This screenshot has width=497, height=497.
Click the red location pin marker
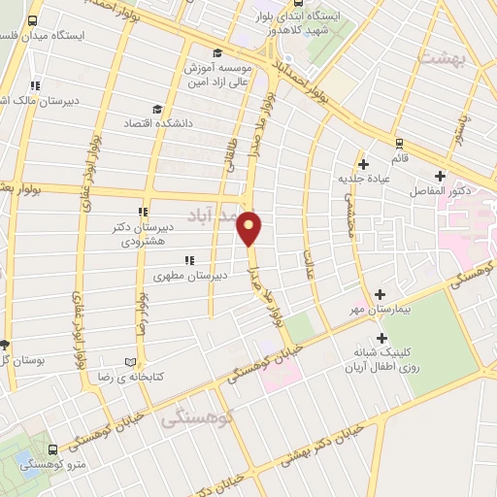click(x=250, y=227)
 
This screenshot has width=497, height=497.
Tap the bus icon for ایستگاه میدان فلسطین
click(x=33, y=20)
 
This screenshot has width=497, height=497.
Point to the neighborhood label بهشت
click(x=442, y=57)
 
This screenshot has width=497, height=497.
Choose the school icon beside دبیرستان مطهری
click(x=189, y=260)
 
